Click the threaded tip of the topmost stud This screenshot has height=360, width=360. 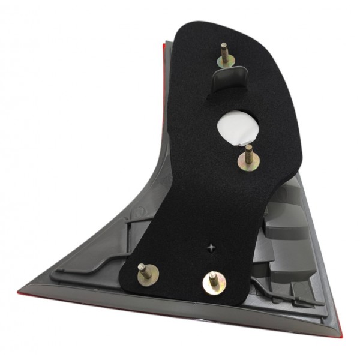pos(223,47)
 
